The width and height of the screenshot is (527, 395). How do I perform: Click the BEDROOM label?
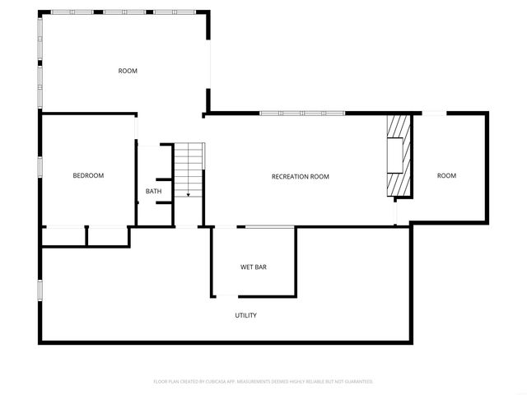(x=88, y=175)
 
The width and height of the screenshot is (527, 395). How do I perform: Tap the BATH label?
(x=154, y=192)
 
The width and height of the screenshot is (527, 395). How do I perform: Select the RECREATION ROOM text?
(x=301, y=176)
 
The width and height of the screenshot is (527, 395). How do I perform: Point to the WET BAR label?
(x=253, y=267)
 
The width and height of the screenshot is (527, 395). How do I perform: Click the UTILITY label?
(x=246, y=315)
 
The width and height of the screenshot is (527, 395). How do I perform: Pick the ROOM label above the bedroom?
(x=128, y=71)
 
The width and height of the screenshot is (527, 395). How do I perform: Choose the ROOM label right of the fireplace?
(x=446, y=175)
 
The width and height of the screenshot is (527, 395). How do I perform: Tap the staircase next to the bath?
(x=189, y=169)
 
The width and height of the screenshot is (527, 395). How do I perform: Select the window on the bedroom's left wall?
(x=40, y=166)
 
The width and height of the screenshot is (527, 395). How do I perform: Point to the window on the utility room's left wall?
(x=40, y=290)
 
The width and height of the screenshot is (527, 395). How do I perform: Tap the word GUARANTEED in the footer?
(x=355, y=382)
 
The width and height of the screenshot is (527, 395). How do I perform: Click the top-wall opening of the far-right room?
(x=436, y=113)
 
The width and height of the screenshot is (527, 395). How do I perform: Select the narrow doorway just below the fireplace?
(x=396, y=211)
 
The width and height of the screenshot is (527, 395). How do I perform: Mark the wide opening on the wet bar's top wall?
(x=270, y=226)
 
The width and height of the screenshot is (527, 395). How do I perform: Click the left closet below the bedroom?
(x=63, y=235)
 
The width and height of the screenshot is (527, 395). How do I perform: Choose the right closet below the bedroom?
(x=108, y=235)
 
